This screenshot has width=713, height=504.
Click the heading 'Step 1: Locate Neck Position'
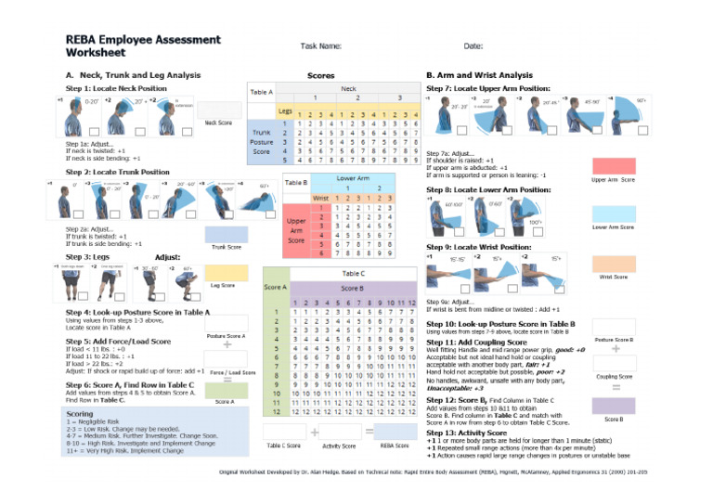point(117,87)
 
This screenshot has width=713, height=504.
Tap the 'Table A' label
point(262,91)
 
